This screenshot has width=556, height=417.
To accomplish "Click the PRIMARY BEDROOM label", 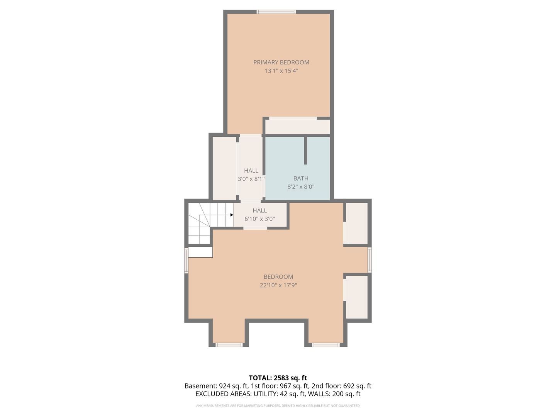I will click(x=281, y=62).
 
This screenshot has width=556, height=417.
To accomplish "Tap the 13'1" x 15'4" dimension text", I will click(x=281, y=71).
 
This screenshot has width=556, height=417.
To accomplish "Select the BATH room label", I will click(x=301, y=178).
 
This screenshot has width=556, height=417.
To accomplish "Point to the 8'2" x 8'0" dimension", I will click(x=301, y=187).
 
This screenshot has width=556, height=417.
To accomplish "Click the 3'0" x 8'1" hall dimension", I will click(x=251, y=179).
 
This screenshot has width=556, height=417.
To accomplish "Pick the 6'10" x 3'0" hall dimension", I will click(x=259, y=219).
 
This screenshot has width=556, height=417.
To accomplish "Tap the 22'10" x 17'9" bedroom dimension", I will click(x=278, y=285).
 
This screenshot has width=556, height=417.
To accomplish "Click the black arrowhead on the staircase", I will click(x=231, y=215).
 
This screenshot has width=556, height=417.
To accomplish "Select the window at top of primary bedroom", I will click(x=276, y=12).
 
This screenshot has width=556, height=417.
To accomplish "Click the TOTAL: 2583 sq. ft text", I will click(x=278, y=378).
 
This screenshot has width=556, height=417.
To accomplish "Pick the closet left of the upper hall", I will click(x=224, y=168).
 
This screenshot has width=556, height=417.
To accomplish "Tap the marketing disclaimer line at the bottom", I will click(x=278, y=406).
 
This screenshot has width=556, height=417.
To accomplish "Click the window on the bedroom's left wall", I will click(x=186, y=261).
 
